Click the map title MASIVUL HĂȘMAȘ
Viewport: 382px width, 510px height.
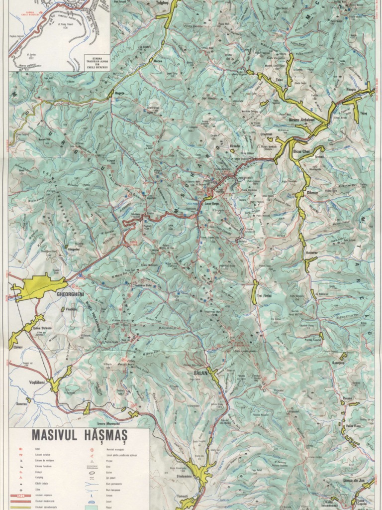(80, 435)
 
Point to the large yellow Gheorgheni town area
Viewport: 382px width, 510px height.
(40, 287)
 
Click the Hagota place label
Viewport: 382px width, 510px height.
(119, 93)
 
